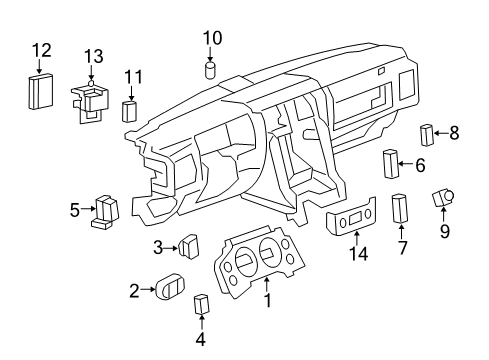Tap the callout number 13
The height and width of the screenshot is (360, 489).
93,56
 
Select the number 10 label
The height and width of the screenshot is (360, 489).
211,38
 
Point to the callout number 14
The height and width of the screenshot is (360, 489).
357,254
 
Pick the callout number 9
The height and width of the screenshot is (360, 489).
445,231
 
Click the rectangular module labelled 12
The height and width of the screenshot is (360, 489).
41,92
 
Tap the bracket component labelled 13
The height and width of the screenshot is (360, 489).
91,101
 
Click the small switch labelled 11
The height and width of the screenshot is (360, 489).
130,110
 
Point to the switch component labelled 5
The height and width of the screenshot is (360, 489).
104,211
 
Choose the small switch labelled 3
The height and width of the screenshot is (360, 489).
187,245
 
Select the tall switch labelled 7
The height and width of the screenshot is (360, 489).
400,209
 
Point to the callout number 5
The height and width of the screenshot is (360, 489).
74,209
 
